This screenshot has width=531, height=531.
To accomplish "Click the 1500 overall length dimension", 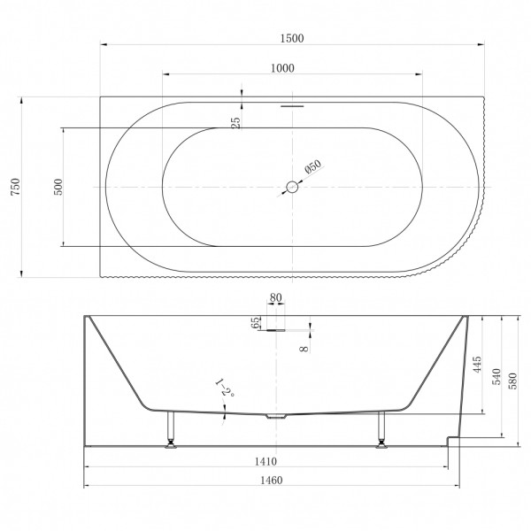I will pos(290,37).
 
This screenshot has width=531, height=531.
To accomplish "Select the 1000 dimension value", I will pos(282,69).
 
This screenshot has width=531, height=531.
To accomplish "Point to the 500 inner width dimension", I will pos(58,187).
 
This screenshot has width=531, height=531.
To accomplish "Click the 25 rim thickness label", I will pos(236,122).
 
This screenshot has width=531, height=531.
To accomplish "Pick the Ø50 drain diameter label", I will pos(312,165).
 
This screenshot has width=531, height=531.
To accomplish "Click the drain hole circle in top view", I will pos(292,187).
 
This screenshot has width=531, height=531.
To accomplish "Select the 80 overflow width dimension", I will pos(277,298).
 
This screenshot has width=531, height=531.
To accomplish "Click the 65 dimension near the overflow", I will pos(258,323).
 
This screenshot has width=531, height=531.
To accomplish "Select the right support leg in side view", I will pos(381,430).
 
